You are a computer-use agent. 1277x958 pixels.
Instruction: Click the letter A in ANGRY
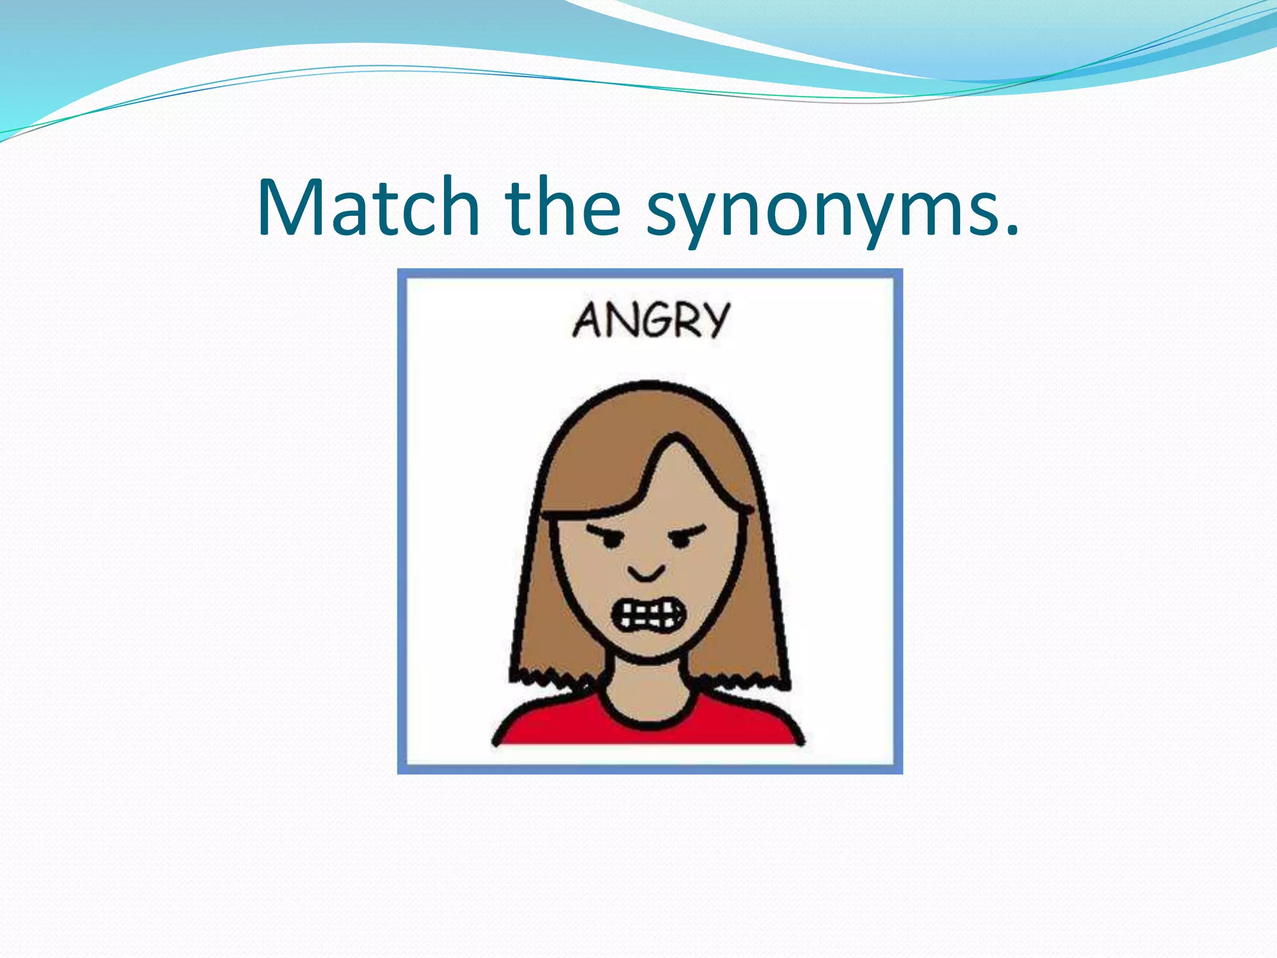[x=588, y=321]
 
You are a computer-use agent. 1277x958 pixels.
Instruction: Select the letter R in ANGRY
[x=684, y=321]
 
